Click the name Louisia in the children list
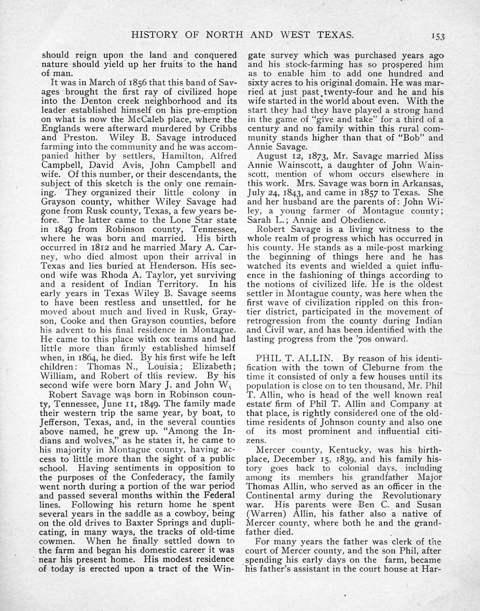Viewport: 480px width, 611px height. click(x=166, y=367)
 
